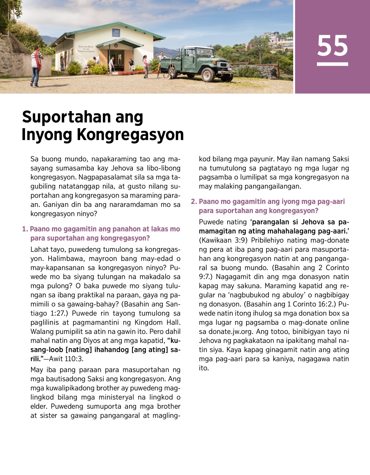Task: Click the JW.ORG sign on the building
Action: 116,33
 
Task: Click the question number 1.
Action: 25,229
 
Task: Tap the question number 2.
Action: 194,202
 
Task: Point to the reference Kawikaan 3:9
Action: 221,240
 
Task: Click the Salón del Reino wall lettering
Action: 86,49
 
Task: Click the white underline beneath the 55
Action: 332,64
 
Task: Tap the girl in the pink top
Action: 145,66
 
